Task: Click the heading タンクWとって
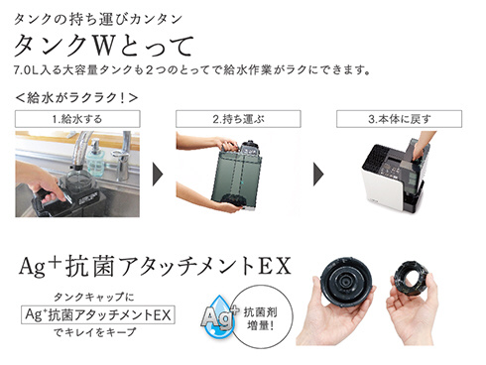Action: pos(103,45)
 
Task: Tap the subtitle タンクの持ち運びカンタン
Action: pos(98,19)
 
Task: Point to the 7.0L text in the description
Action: pos(26,70)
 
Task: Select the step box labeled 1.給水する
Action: pos(77,119)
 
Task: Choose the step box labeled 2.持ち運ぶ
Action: pos(238,119)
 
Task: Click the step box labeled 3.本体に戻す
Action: pos(399,119)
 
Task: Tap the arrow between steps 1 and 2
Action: pos(158,175)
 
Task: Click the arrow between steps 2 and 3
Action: pos(318,175)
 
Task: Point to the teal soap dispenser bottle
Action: pos(95,157)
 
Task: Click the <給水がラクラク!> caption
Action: pos(76,98)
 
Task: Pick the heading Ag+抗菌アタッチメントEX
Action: pos(155,267)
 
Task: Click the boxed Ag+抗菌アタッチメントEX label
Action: pos(98,314)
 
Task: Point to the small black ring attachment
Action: pos(412,279)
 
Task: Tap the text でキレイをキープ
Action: pos(95,332)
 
